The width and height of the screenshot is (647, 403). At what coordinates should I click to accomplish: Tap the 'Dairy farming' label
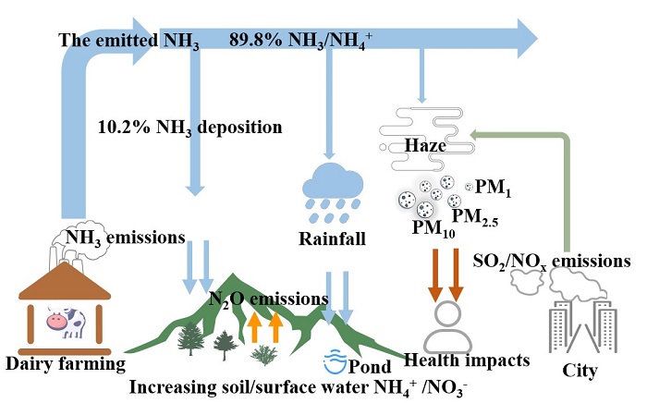[64, 365]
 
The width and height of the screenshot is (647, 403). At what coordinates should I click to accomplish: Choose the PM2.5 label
[482, 218]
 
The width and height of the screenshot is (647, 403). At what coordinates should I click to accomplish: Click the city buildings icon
[572, 327]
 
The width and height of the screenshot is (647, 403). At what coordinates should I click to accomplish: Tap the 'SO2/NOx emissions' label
[552, 261]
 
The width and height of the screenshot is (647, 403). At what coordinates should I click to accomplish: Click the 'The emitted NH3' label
[128, 41]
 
